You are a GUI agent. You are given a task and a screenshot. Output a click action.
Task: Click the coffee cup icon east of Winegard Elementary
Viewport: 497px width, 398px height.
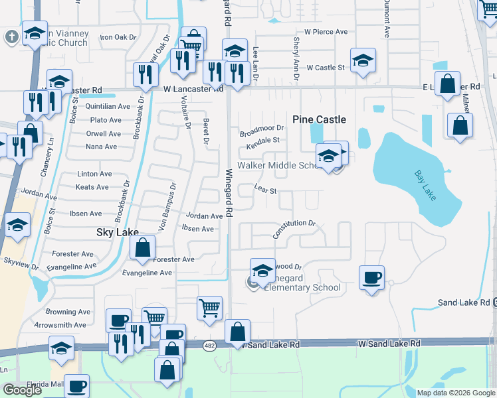[x=371, y=277]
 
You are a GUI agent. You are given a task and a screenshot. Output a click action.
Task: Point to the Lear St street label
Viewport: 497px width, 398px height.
[x=264, y=190]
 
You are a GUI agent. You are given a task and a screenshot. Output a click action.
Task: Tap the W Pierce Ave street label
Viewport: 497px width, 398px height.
[x=326, y=31]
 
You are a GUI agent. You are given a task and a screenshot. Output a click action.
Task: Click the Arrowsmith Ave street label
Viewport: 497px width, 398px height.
[x=61, y=325]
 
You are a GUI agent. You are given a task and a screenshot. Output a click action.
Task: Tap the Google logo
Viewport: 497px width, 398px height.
[x=23, y=389]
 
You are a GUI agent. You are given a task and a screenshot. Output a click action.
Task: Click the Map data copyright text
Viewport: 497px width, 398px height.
[x=454, y=393]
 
